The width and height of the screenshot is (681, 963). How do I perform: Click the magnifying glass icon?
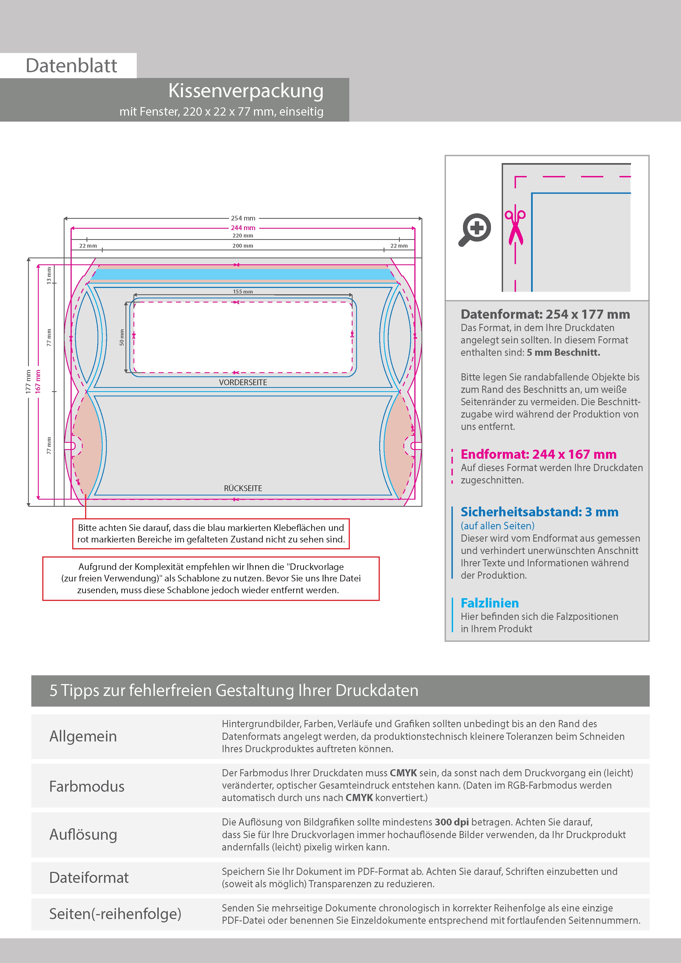(x=475, y=229)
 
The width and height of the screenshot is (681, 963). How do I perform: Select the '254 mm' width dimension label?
(x=243, y=218)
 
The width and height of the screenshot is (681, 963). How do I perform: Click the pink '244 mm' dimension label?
(x=243, y=228)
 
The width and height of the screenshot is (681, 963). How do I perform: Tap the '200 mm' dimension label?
(x=243, y=246)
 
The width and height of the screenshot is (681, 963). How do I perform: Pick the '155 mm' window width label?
(x=243, y=292)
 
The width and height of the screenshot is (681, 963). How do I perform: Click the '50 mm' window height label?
(x=122, y=337)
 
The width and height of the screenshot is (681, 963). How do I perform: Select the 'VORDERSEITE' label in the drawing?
(x=243, y=382)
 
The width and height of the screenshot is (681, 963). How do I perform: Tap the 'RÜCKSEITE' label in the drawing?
(x=243, y=488)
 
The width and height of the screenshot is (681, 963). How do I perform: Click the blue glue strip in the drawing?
(x=243, y=274)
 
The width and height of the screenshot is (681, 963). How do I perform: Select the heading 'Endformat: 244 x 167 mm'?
(x=538, y=454)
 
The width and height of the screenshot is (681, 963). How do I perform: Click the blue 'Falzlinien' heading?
(x=490, y=603)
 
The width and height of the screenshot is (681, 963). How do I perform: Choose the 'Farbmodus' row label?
(x=87, y=786)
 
